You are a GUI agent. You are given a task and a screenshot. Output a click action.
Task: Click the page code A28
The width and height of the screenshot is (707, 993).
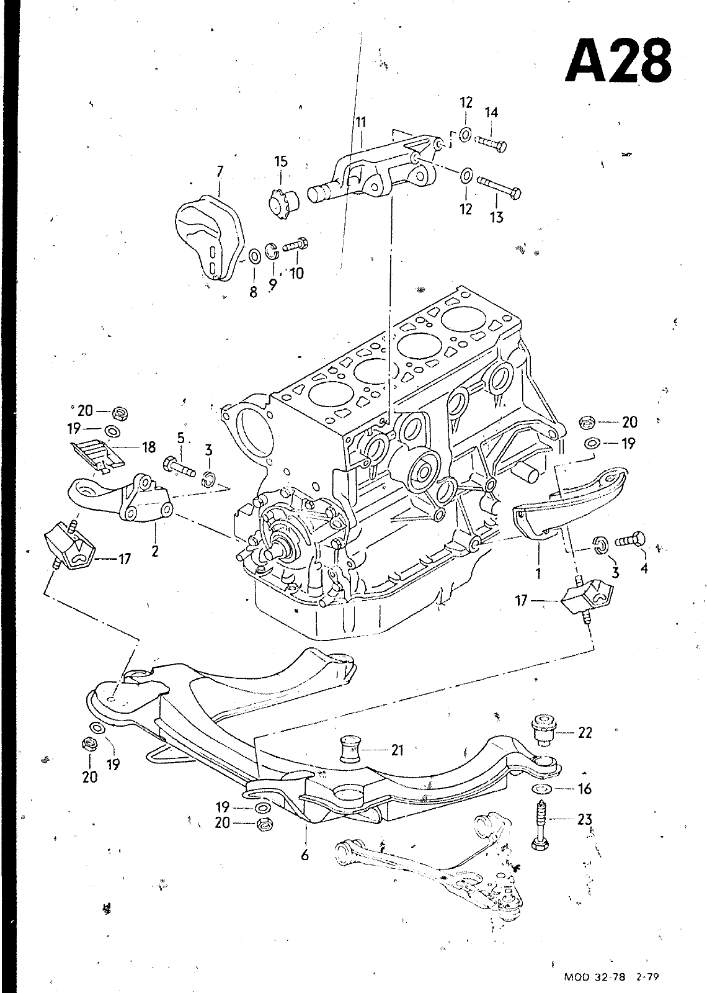point(619,60)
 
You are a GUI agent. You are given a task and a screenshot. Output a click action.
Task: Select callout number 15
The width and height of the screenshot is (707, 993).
point(281,162)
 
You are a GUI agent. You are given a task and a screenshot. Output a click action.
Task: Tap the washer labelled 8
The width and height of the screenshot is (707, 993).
point(254,255)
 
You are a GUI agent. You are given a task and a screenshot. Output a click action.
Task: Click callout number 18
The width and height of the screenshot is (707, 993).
point(149,447)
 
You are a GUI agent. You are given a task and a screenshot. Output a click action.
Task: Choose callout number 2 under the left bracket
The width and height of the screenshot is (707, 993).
point(155,550)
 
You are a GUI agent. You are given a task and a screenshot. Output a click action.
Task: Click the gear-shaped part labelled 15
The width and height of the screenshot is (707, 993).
point(283,199)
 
